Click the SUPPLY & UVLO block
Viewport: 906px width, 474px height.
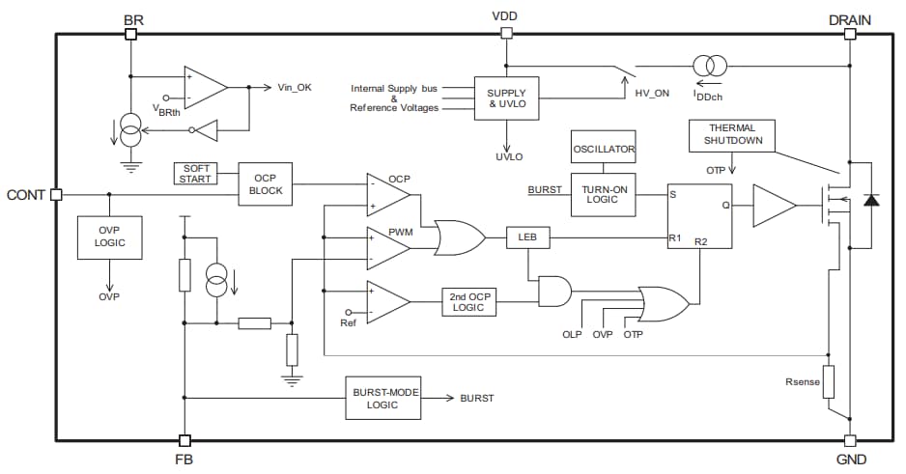click(x=506, y=98)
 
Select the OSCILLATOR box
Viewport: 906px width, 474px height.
click(x=603, y=149)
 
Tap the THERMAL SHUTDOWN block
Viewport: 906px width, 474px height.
click(x=732, y=135)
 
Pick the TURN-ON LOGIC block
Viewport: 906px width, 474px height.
click(x=602, y=192)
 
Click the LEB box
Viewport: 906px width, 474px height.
click(x=526, y=237)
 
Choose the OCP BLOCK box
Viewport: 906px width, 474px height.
click(x=267, y=183)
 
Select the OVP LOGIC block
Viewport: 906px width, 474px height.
click(x=109, y=237)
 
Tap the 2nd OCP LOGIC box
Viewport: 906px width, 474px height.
click(x=468, y=302)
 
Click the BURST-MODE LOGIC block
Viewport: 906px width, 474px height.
click(x=382, y=398)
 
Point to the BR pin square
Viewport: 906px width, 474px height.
click(x=130, y=34)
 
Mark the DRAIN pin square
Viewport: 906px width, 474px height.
click(x=850, y=34)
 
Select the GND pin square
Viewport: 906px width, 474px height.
click(x=850, y=441)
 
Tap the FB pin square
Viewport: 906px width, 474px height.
click(x=184, y=441)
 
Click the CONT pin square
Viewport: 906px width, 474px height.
click(x=56, y=194)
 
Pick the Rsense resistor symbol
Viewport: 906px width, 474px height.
click(x=828, y=382)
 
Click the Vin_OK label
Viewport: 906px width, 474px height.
click(x=295, y=88)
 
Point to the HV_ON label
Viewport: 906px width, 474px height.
click(x=652, y=93)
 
